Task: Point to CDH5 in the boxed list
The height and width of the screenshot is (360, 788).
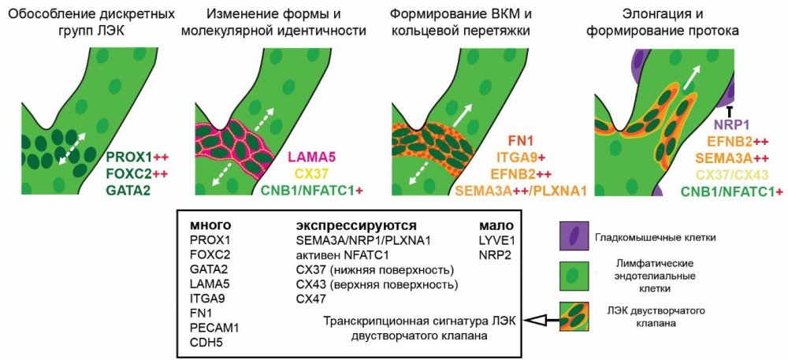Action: click(x=206, y=341)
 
